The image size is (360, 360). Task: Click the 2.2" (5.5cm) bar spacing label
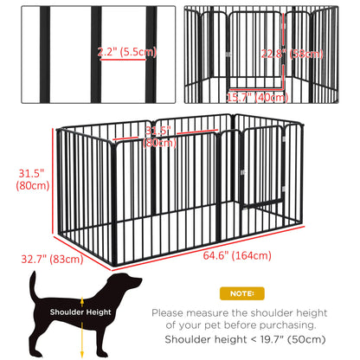coord(127,51)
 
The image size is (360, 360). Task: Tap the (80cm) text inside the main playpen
coord(157,143)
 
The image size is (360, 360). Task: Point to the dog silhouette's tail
coord(35,286)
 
